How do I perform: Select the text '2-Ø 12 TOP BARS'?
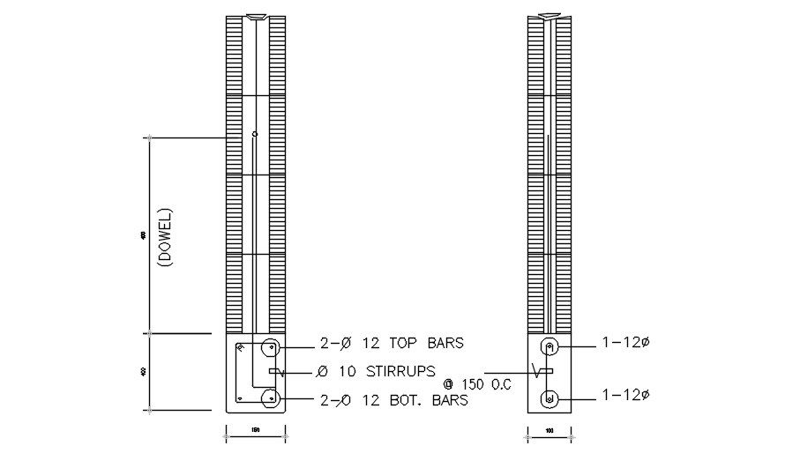click(392, 342)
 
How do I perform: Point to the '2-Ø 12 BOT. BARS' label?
click(393, 399)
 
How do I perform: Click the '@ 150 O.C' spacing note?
click(477, 384)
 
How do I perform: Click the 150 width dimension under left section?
click(256, 430)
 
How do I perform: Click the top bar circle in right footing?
click(549, 345)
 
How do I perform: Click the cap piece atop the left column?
click(256, 16)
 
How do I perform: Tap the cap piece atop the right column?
click(549, 16)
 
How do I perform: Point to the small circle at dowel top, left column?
click(255, 134)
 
